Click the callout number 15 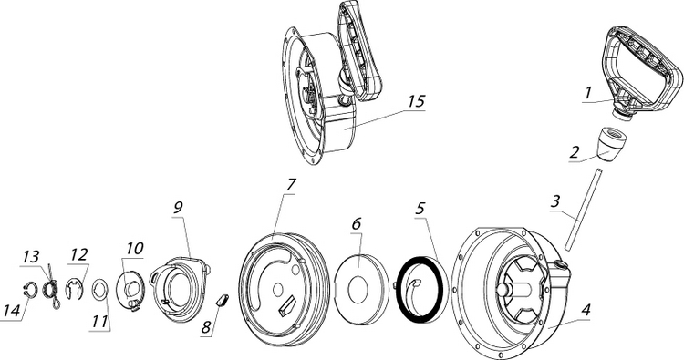coord(416,101)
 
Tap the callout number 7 coord(291,185)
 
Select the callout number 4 coord(586,310)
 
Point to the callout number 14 coord(11,311)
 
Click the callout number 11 coord(99,322)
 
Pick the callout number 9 coord(178,207)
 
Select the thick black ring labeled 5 coord(419,290)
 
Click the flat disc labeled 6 coord(361,289)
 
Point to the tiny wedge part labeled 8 coord(223,300)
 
